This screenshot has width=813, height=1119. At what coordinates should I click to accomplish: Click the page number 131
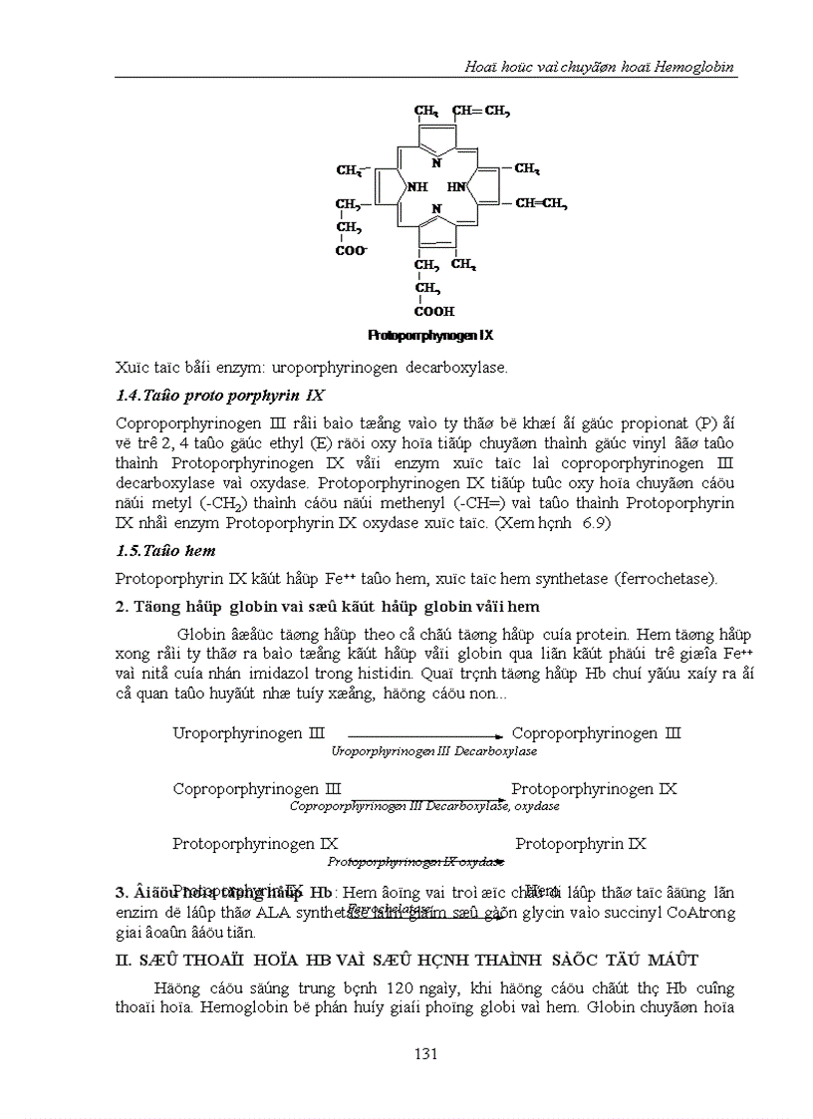(426, 1054)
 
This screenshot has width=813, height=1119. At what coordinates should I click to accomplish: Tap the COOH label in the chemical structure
(434, 311)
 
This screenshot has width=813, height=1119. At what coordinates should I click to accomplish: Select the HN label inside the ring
(456, 186)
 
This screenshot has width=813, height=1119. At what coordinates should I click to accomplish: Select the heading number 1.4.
(130, 396)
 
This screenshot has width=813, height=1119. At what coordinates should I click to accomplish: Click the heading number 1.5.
(130, 550)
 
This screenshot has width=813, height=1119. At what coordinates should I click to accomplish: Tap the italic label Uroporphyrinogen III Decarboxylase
(433, 751)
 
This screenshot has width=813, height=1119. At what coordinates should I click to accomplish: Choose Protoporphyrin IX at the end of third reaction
(581, 844)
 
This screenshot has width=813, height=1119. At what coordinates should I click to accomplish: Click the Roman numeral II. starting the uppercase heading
(124, 960)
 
